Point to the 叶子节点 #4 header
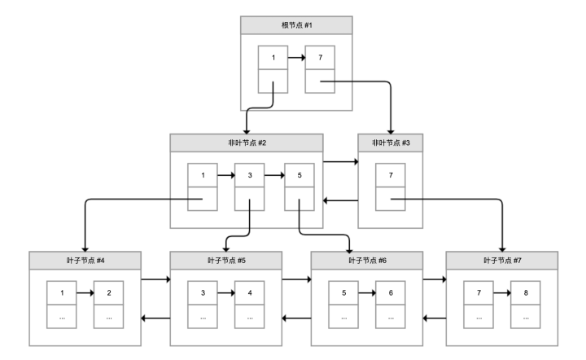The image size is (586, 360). (x=85, y=261)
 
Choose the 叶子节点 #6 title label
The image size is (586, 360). (x=367, y=261)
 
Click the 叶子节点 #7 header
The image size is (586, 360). (x=503, y=261)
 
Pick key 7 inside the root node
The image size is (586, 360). (x=319, y=59)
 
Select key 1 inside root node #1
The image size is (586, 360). (x=273, y=59)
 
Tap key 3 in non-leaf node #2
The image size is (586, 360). (x=249, y=176)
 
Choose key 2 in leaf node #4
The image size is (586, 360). (x=108, y=292)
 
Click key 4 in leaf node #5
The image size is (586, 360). (x=249, y=292)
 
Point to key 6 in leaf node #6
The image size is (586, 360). (x=390, y=292)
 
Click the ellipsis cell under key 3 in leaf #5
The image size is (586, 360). (x=203, y=316)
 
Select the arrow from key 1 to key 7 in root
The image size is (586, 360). (x=296, y=59)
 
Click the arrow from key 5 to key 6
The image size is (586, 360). (x=367, y=292)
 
